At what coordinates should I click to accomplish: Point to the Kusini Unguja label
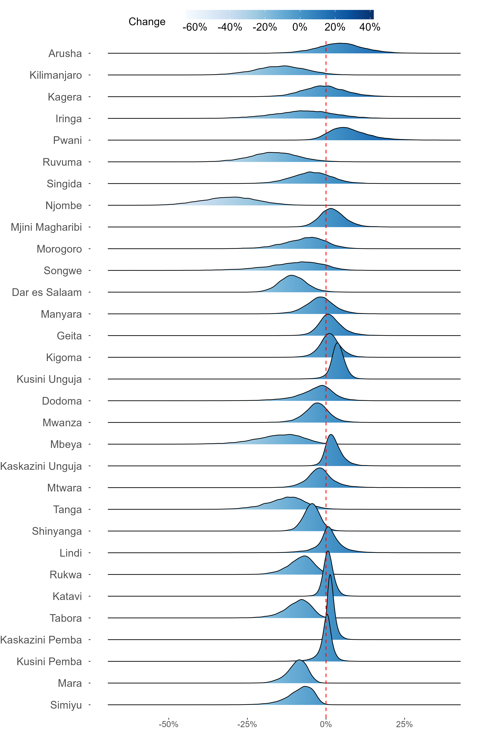(x=49, y=379)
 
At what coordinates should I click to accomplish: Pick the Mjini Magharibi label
(x=46, y=227)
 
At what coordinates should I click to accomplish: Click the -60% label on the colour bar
(x=195, y=27)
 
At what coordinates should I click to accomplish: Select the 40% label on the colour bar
(x=370, y=27)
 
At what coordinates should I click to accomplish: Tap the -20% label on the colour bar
(x=265, y=27)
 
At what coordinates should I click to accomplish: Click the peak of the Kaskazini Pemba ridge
(x=330, y=575)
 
